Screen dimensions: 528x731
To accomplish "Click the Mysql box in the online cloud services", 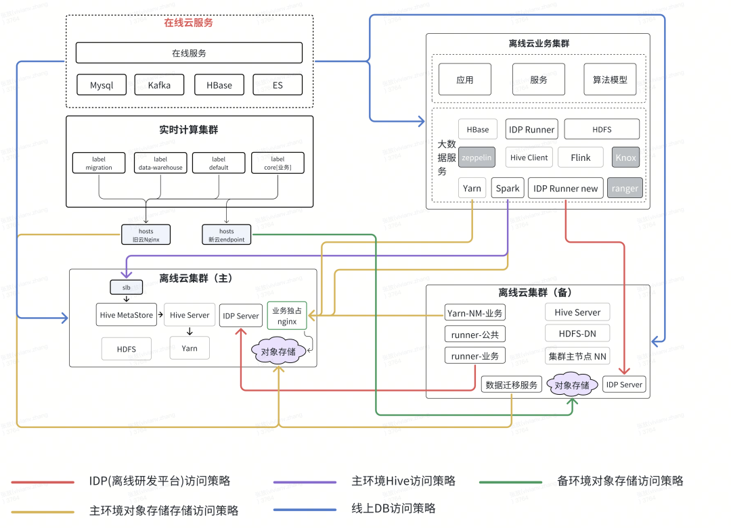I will (102, 85).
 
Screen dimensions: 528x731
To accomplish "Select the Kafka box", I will (159, 85).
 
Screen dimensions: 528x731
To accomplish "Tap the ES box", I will (278, 85).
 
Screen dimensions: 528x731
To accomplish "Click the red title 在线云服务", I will (188, 22).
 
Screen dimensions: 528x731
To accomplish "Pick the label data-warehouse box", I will (160, 163).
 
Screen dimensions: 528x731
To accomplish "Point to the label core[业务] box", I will (278, 163).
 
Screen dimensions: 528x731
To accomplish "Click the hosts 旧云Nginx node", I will (146, 235).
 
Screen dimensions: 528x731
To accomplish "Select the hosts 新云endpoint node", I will (226, 235).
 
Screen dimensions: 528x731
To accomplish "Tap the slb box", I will (127, 287).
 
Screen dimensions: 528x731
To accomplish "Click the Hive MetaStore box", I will (127, 315).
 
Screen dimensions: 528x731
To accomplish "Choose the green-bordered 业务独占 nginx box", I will (287, 316).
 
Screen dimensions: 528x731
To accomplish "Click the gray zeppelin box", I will (477, 158).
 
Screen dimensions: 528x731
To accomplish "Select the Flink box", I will (580, 158).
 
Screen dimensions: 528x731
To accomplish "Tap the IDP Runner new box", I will (565, 189).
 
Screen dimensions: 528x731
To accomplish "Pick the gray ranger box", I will (625, 189).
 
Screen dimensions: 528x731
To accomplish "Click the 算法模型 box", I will (610, 80).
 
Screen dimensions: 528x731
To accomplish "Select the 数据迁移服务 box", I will (511, 385).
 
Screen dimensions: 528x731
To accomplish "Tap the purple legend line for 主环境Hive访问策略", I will (305, 482).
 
